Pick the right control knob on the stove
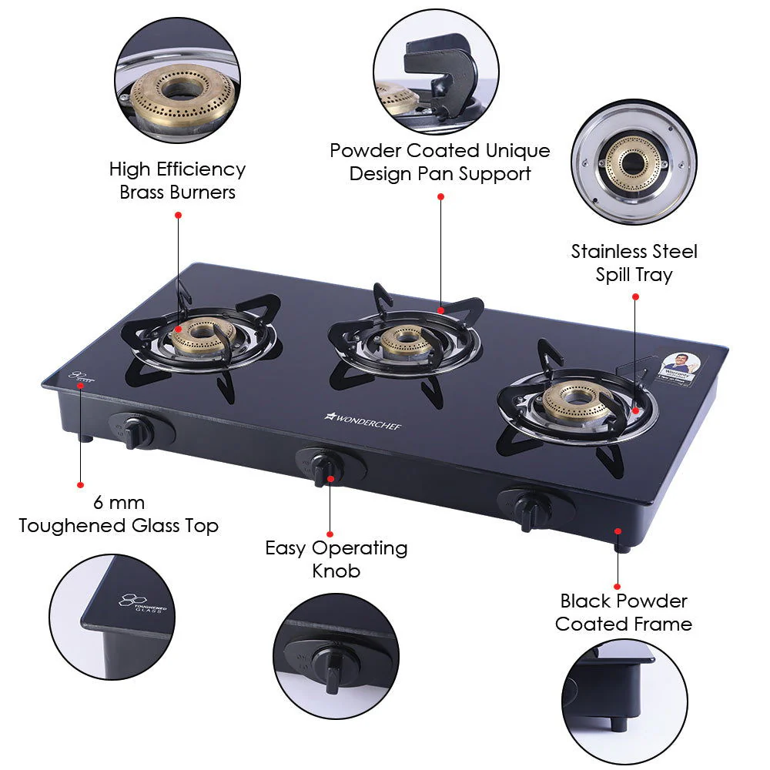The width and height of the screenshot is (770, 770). (528, 511)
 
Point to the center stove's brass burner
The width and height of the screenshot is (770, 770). (405, 340)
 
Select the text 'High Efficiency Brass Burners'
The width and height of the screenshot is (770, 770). (177, 180)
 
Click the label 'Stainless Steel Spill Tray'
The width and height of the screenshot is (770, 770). (634, 263)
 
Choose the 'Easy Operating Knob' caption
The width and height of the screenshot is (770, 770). (336, 559)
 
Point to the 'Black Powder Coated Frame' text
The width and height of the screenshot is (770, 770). (624, 612)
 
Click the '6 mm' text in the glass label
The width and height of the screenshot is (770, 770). (119, 503)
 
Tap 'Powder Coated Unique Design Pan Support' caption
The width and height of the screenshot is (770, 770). (440, 162)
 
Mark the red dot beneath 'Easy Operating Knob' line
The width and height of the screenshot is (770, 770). (330, 533)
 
